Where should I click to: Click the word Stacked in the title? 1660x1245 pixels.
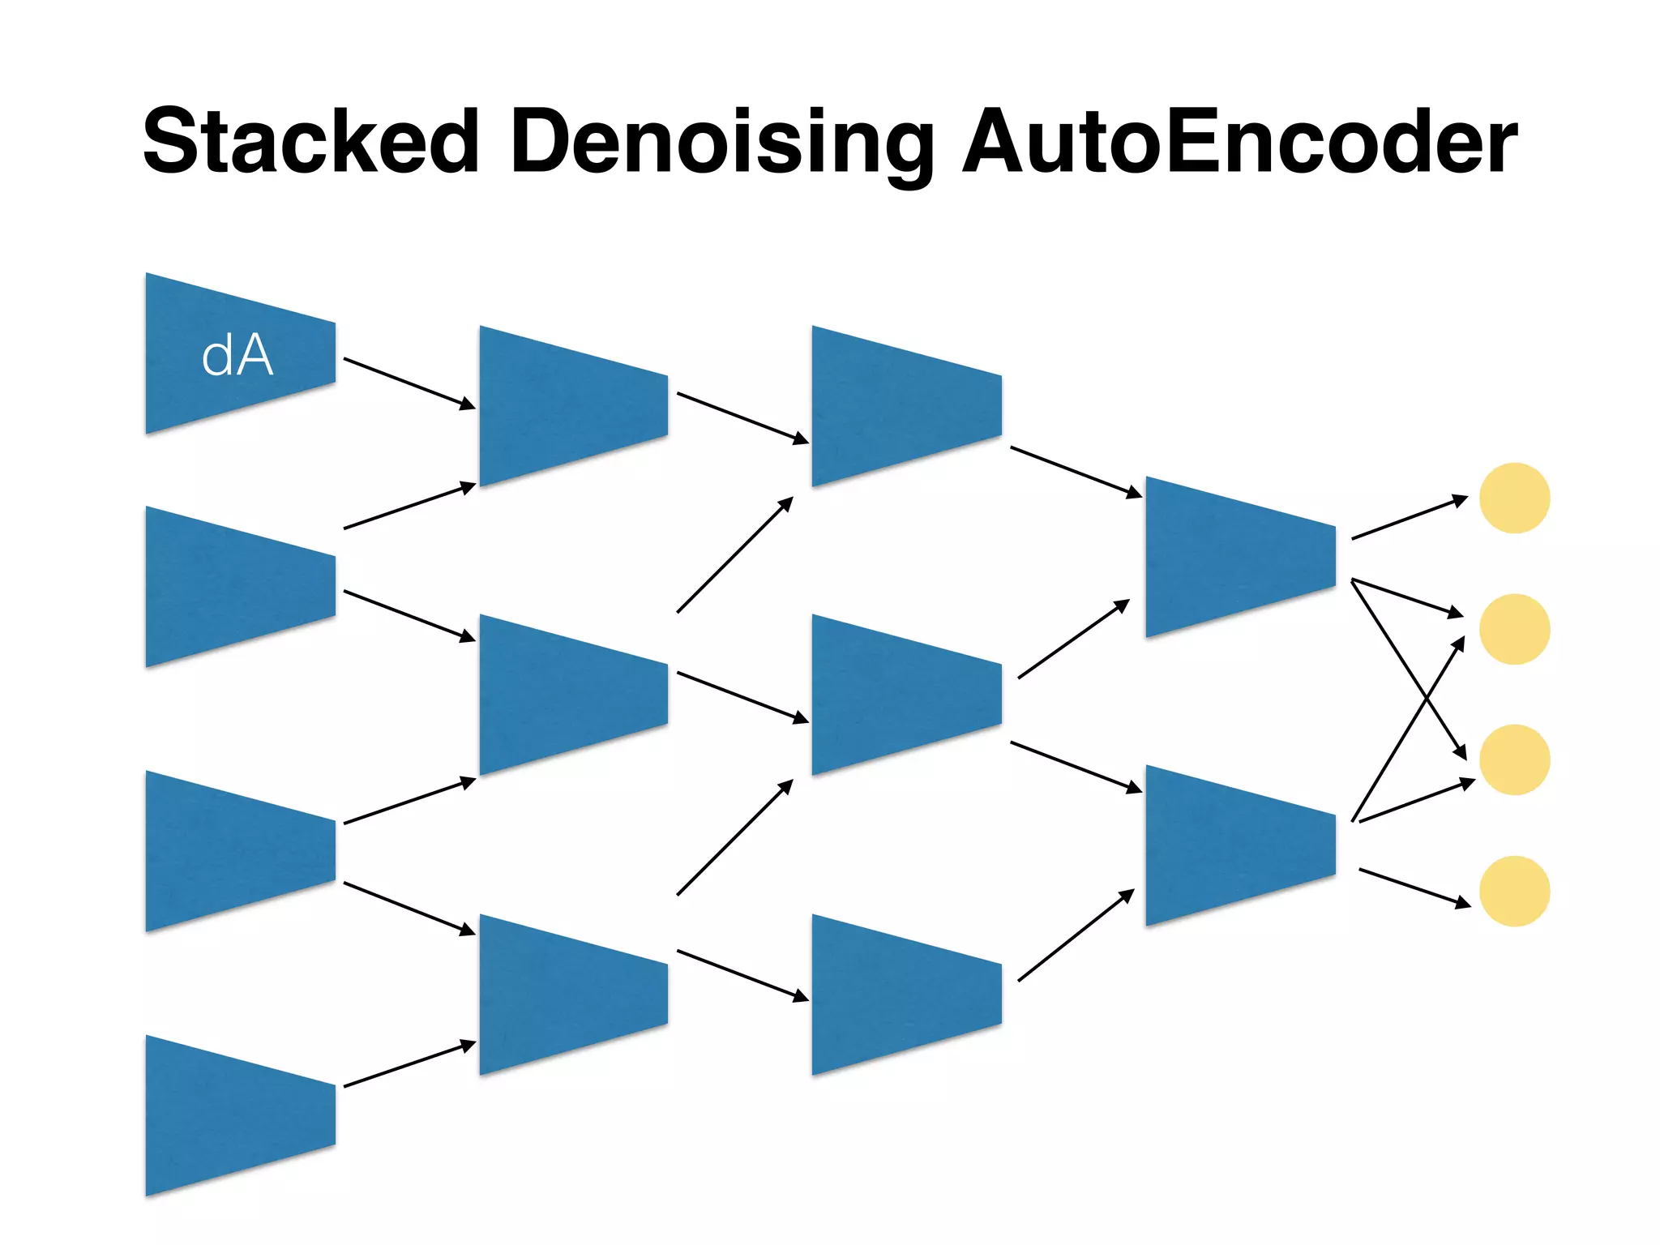click(310, 142)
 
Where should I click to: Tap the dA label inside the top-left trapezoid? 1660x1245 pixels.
click(237, 356)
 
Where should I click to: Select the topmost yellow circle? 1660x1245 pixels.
click(1514, 498)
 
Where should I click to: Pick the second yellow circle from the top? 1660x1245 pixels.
click(1514, 629)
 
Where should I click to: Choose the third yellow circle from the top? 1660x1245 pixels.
click(1514, 759)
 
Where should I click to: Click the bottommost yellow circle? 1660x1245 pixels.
click(1514, 891)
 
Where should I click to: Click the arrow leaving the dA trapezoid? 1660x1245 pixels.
click(409, 383)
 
